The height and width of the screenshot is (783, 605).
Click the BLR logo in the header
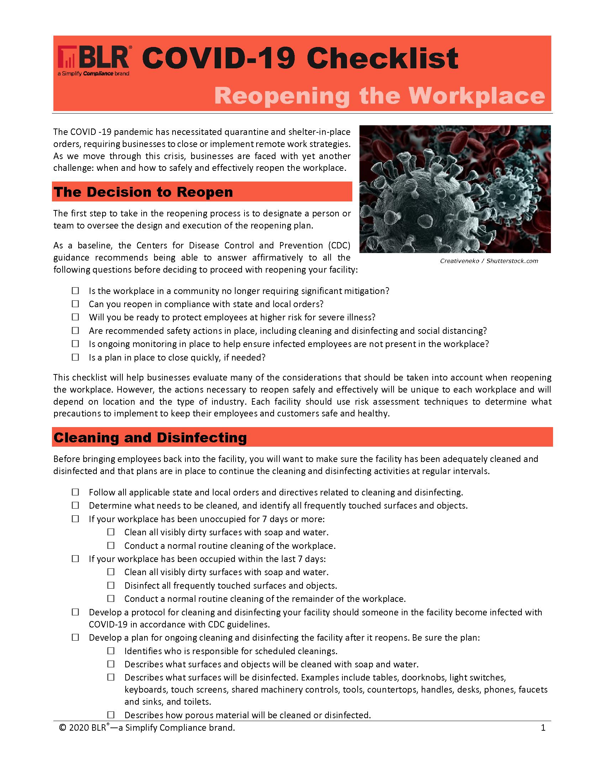point(94,58)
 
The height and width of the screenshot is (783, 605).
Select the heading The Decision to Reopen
point(143,192)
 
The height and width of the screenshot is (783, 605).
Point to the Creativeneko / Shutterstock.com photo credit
point(489,261)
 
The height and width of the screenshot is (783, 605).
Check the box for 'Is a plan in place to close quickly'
point(75,357)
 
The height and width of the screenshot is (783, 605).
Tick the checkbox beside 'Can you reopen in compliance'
point(75,304)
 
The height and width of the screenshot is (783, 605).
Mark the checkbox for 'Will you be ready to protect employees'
point(75,317)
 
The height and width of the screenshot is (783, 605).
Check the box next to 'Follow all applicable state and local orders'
point(75,492)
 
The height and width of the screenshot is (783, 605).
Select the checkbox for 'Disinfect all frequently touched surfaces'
point(111,585)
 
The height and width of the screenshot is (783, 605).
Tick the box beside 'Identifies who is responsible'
point(111,651)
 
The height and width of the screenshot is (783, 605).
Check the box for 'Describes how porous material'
point(111,715)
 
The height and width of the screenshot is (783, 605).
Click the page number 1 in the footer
point(543,727)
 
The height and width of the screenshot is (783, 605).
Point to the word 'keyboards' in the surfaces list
point(146,689)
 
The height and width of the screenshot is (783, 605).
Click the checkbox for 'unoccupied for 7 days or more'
point(75,519)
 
